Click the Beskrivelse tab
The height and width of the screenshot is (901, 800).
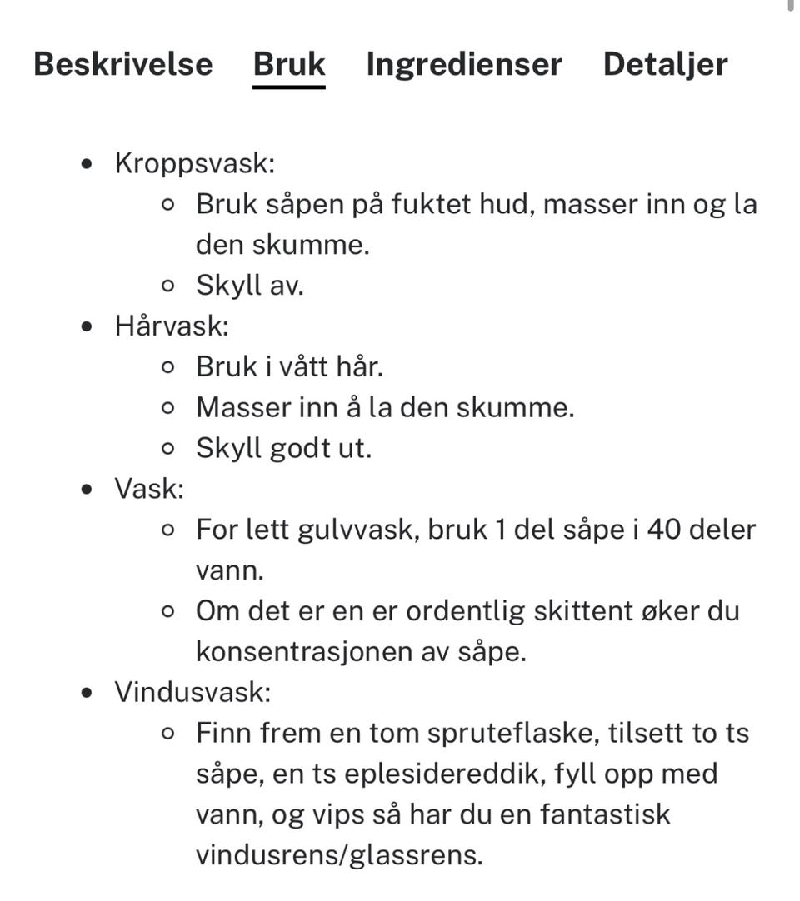pos(123,64)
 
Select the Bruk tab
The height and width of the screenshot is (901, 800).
pos(289,64)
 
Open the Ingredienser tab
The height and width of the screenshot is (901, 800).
pos(464,64)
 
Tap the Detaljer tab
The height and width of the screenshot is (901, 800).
pos(665,64)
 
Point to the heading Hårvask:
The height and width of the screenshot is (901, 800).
pos(172,326)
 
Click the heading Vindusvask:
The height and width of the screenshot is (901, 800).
pos(192,692)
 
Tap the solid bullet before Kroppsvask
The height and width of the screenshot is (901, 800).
pos(88,164)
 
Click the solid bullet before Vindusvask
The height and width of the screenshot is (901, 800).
pos(88,693)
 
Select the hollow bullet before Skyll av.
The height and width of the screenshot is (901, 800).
pos(168,286)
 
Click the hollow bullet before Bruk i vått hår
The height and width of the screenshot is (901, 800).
pos(168,367)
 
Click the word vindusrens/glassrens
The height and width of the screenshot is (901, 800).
pos(339,855)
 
